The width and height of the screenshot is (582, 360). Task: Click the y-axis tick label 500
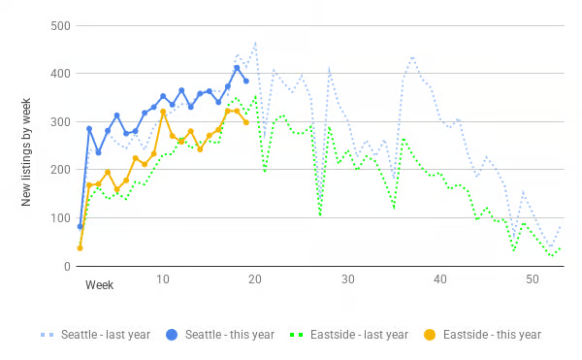click(60, 26)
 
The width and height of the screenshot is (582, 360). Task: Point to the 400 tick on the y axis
click(60, 74)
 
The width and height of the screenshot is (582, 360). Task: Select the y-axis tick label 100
click(60, 218)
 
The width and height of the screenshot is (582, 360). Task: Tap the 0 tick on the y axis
click(67, 267)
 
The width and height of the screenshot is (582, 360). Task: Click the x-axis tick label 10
click(163, 279)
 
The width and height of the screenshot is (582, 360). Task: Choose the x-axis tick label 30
click(348, 279)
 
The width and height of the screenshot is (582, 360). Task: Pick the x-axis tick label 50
click(533, 279)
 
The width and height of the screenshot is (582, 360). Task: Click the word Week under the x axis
click(99, 285)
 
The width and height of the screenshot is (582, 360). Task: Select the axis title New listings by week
click(25, 152)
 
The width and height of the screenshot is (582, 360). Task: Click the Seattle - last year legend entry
click(95, 335)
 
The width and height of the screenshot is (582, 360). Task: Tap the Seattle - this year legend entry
click(220, 335)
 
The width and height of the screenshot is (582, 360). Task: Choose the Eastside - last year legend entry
click(349, 335)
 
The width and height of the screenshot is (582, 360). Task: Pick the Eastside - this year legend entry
click(482, 335)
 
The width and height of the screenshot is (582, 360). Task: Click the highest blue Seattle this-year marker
click(237, 68)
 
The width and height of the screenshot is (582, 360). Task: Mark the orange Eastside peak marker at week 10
click(163, 112)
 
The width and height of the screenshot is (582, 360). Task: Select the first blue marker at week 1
click(80, 226)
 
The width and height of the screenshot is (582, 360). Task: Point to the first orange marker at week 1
click(80, 247)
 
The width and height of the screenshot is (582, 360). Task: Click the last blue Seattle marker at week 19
click(246, 81)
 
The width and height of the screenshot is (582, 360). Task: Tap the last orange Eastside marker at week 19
click(246, 122)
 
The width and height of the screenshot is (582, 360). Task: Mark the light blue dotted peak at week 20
click(255, 44)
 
